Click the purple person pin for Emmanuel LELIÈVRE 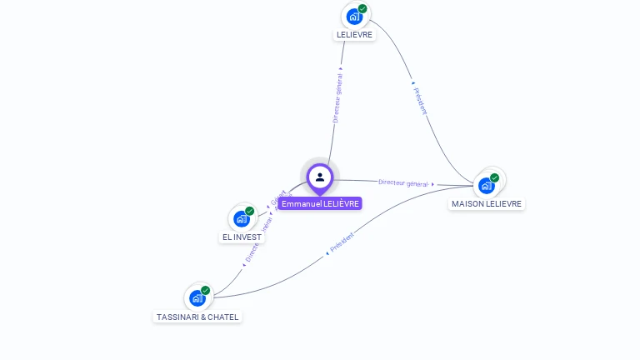point(320,177)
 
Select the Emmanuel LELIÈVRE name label point(320,203)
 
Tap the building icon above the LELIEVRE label point(354,16)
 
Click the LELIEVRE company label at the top point(354,35)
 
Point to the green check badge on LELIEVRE point(362,8)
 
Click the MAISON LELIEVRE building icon point(486,185)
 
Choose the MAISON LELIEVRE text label point(487,204)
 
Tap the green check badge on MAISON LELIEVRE point(494,177)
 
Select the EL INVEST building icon point(241,219)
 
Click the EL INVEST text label point(242,237)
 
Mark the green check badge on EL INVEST point(249,212)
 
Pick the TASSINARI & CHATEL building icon point(197,298)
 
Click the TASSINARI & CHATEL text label point(197,317)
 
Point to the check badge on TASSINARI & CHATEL point(205,291)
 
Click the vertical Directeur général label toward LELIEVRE point(337,98)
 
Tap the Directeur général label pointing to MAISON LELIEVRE point(404,182)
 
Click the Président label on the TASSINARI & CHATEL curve point(342,243)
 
